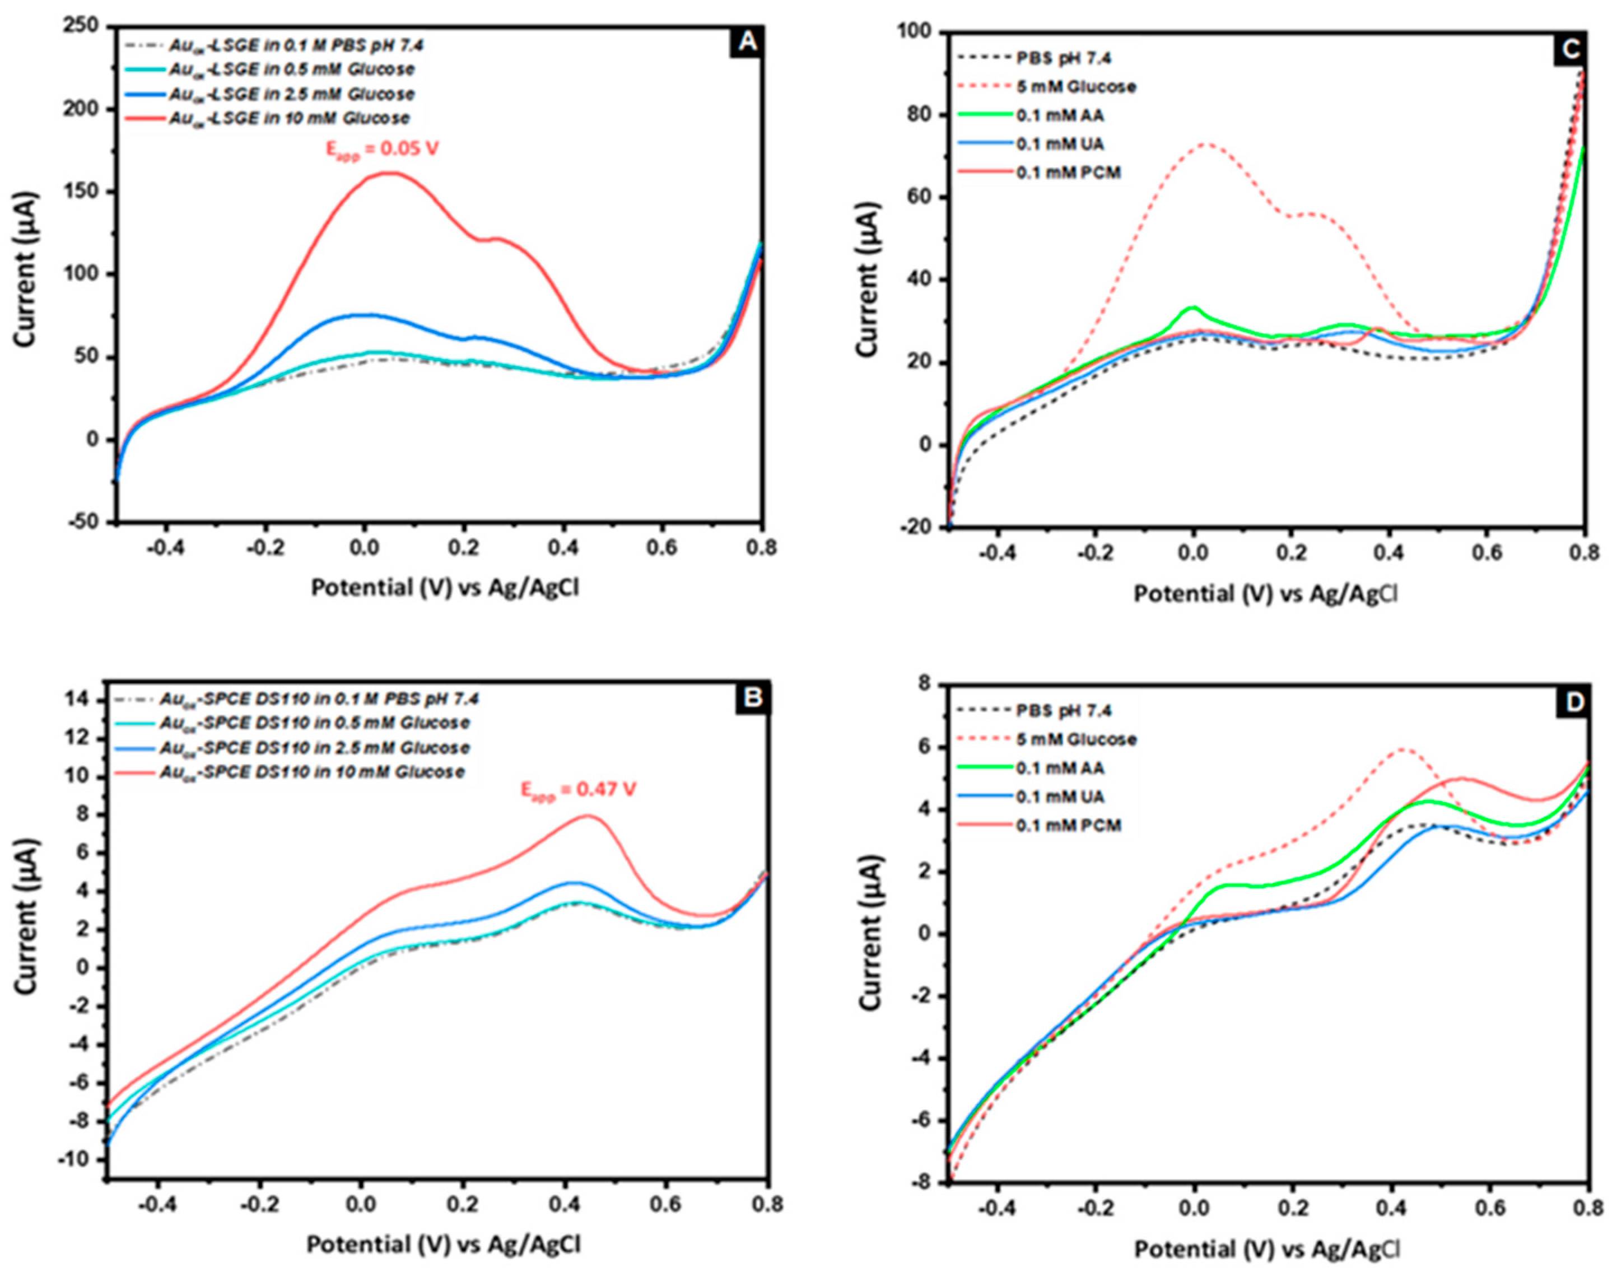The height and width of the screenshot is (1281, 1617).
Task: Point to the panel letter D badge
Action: tap(1572, 702)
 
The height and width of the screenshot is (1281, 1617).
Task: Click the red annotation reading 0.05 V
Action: tap(382, 149)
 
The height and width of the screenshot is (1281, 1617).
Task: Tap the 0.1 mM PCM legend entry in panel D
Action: tap(1068, 826)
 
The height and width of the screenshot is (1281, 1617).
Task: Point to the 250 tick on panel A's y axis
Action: tap(82, 26)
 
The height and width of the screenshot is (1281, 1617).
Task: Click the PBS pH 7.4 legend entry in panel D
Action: tap(1064, 710)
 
